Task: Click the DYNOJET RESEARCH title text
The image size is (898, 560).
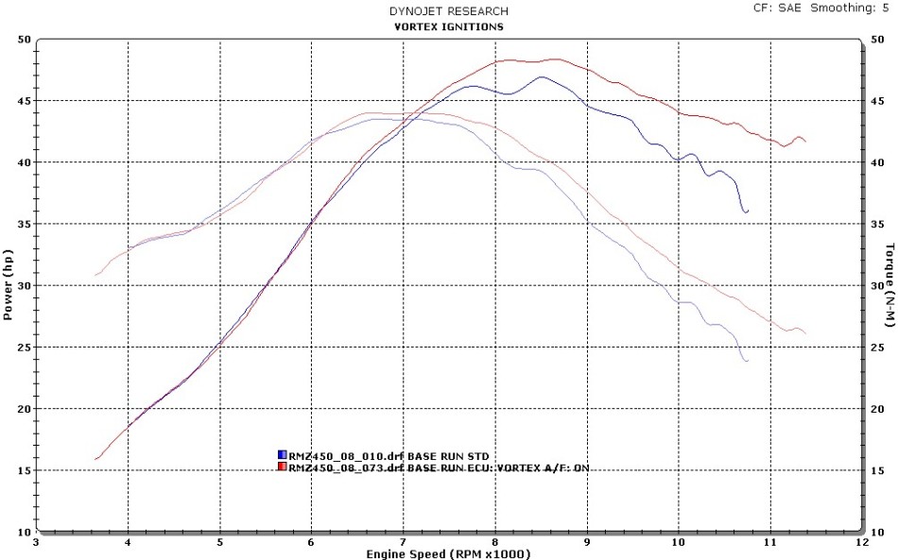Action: pos(449,11)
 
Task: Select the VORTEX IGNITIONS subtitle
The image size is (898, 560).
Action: pos(449,26)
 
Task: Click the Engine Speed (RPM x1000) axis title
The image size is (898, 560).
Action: pos(449,553)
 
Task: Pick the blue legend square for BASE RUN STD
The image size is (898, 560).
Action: pos(282,455)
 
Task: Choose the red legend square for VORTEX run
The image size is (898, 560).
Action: pos(282,467)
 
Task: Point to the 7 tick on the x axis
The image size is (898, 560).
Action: pos(404,543)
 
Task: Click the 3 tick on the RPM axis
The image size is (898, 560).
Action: pos(36,543)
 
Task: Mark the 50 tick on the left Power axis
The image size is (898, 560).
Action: pos(24,40)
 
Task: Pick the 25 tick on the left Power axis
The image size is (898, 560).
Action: pos(24,348)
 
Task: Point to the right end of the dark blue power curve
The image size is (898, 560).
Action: pos(747,212)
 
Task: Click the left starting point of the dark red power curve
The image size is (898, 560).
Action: pos(96,459)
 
